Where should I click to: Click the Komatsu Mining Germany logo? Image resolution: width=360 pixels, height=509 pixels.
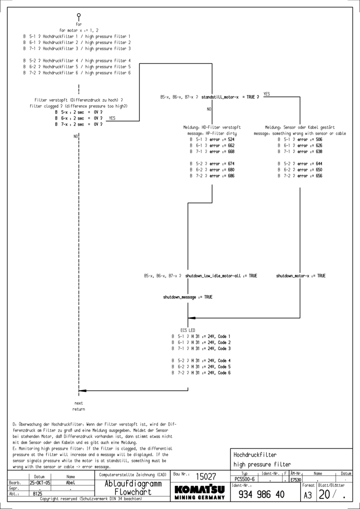(x=201, y=491)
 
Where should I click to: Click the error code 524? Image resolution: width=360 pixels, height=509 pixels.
(x=230, y=139)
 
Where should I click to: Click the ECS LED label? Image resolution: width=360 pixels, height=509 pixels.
(x=188, y=330)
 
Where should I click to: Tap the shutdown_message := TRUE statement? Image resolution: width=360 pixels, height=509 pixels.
(x=188, y=297)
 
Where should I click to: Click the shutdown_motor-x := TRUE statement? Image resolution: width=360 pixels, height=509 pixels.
(x=301, y=276)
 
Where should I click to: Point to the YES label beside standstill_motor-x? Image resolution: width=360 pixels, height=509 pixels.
(x=267, y=94)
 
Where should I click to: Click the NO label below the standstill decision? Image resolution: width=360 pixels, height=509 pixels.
(x=209, y=109)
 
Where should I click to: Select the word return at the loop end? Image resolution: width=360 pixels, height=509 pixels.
(x=79, y=409)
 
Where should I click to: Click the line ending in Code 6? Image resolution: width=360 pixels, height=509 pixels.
(x=201, y=373)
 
